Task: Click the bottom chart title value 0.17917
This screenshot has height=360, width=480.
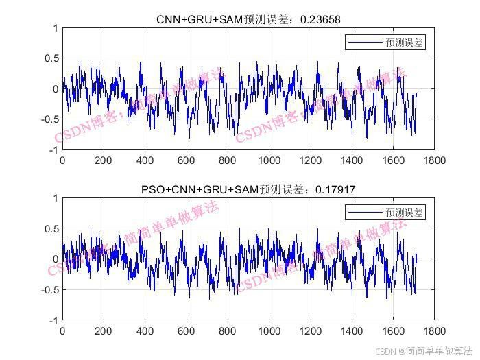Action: (x=335, y=189)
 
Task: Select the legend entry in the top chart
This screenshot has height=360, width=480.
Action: (x=385, y=43)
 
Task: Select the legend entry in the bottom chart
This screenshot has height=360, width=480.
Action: (x=385, y=213)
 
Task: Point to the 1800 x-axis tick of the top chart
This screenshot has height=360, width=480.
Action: (x=434, y=160)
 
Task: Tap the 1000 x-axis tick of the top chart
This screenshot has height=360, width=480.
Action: (x=269, y=160)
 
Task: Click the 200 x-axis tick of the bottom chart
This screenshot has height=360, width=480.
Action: (x=104, y=331)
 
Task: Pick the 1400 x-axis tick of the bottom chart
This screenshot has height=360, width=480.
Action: (x=352, y=331)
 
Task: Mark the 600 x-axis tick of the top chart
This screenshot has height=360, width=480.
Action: (x=187, y=160)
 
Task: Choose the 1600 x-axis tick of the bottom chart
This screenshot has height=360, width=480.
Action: (x=393, y=331)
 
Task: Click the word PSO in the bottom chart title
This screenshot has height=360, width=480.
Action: (x=153, y=189)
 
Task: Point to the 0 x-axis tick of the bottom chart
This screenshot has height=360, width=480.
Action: (x=62, y=331)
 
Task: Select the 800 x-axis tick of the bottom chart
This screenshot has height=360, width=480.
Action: (x=228, y=331)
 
